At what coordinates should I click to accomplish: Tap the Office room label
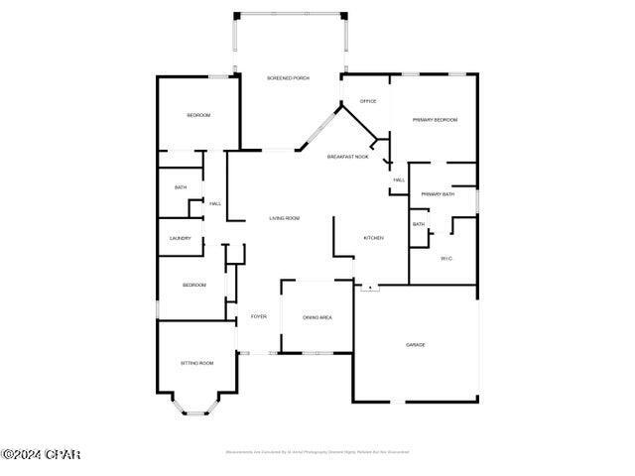pos(368,101)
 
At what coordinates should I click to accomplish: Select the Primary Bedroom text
pos(435,120)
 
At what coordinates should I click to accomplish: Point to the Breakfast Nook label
pos(348,157)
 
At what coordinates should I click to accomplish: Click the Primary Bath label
pos(438,194)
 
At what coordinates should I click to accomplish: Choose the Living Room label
pos(285,218)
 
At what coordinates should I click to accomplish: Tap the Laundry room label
pos(181,238)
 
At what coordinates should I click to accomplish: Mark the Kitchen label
pos(373,238)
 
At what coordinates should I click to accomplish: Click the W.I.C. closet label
pos(446,259)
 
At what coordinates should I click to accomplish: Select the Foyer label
pos(258,316)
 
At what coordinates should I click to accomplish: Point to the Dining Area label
pos(317,317)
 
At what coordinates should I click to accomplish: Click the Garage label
pos(415,345)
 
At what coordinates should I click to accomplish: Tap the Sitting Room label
pos(196,363)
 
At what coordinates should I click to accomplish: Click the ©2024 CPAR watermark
pos(41,455)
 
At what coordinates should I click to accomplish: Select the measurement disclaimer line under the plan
pos(317,452)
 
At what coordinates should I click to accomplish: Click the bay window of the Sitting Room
pos(195,405)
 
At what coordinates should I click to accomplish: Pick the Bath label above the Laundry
pos(181,187)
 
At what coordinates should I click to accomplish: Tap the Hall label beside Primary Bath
pos(399,179)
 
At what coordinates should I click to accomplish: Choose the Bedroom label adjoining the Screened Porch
pos(198,116)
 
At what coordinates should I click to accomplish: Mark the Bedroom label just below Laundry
pos(194,286)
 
